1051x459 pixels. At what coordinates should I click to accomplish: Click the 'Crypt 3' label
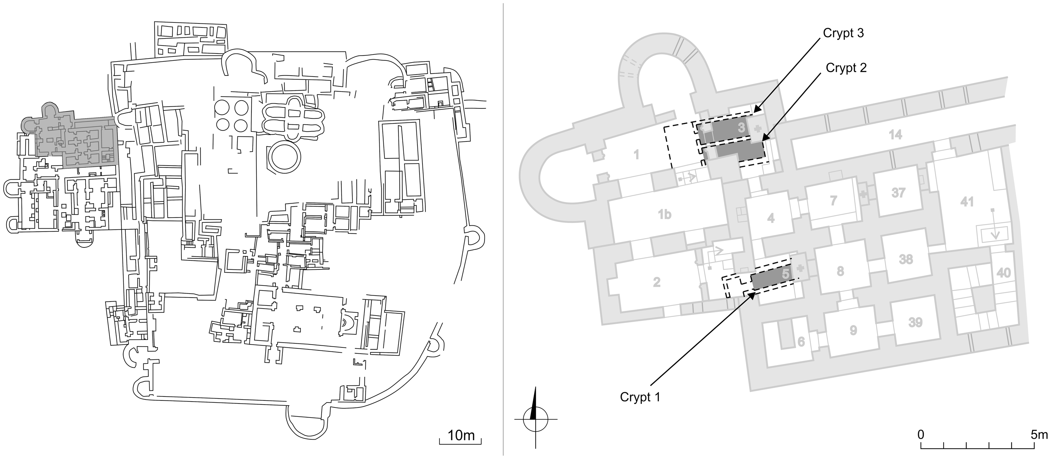pos(843,33)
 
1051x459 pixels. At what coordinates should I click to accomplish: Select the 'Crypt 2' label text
pos(846,68)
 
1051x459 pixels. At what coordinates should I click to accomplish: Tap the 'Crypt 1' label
pos(640,397)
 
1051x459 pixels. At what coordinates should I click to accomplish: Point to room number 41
pos(967,202)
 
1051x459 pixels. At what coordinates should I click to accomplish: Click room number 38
pos(906,259)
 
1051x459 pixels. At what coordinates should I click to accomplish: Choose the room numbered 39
pos(915,323)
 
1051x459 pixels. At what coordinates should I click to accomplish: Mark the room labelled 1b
pos(664,214)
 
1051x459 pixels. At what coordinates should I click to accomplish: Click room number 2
pos(657,282)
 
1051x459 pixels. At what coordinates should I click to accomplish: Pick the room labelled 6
pos(801,341)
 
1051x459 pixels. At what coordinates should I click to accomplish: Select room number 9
pos(853,330)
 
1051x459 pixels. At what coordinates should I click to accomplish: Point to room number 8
pos(840,271)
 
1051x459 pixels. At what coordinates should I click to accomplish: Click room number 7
pos(834,201)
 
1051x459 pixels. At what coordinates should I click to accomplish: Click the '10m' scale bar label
pos(461,435)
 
